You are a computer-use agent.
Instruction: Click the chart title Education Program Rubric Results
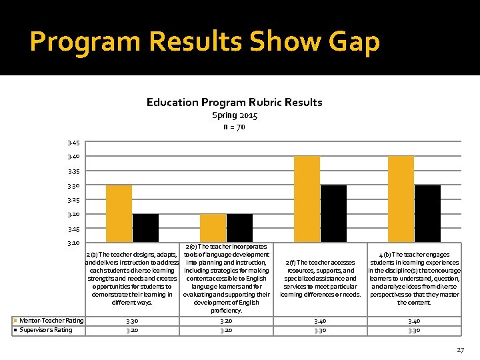coord(234,102)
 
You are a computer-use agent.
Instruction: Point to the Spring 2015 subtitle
coord(235,115)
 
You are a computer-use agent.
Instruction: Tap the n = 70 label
coord(234,127)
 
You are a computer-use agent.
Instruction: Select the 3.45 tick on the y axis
coord(73,142)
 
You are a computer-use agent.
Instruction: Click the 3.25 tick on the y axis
coord(73,200)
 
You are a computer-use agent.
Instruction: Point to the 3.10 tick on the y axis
coord(73,243)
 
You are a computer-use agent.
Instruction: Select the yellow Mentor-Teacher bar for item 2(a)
coord(119,213)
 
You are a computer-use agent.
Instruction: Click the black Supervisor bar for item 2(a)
coord(145,228)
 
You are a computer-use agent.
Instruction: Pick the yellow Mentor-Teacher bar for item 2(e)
coord(213,228)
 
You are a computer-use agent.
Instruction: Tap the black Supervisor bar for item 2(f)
coord(333,213)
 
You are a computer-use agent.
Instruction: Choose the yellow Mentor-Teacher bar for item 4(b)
coord(401,199)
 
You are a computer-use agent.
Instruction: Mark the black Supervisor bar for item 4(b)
coord(427,213)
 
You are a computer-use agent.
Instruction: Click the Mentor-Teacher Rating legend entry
coord(51,321)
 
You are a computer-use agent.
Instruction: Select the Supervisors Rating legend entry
coord(45,329)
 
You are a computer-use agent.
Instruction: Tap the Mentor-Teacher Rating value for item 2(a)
coord(132,321)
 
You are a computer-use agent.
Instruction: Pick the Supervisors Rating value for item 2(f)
coord(320,329)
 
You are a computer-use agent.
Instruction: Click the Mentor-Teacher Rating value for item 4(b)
coord(414,321)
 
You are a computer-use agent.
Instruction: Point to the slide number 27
coord(460,349)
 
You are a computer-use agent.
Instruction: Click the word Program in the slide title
coord(85,41)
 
